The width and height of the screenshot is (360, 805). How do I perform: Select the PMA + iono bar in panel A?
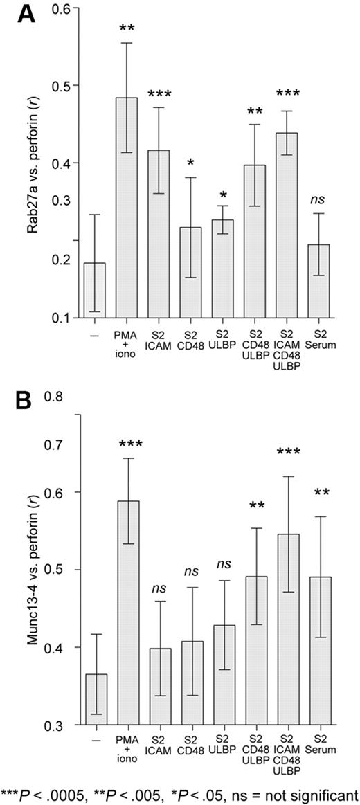[126, 208]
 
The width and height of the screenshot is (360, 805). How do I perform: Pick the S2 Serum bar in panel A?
[318, 281]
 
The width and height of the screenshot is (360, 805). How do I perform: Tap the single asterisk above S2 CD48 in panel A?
[190, 163]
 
